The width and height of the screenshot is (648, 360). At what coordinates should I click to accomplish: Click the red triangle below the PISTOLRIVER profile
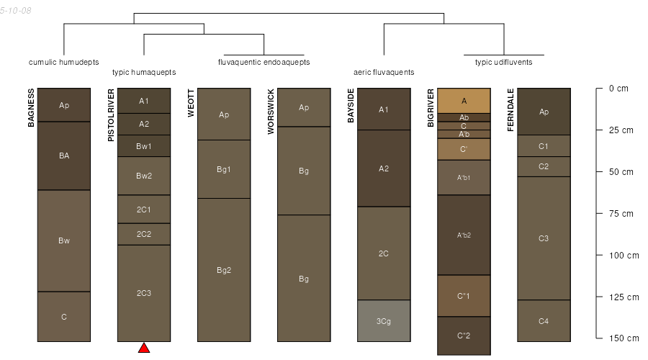coord(144,348)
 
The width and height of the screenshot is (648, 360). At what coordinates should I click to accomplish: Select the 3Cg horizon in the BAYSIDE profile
coord(384,320)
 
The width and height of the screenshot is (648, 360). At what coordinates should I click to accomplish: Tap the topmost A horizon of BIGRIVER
coord(464,101)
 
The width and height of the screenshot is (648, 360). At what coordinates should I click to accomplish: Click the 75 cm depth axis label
coord(621,214)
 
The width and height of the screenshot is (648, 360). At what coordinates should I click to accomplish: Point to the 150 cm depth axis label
coord(624,338)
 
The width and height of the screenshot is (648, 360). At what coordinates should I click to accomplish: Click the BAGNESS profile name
coord(31,107)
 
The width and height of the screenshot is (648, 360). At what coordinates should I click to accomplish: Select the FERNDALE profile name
coord(510,110)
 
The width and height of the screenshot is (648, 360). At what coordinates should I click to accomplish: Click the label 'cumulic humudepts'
coord(63,62)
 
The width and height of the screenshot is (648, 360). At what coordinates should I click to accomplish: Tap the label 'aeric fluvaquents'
coord(384,72)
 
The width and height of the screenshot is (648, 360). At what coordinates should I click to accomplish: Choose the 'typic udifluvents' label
coord(504,62)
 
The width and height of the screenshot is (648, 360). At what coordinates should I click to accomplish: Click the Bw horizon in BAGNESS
coord(64,241)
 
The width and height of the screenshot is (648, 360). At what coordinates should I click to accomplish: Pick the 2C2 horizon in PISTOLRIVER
coord(144,234)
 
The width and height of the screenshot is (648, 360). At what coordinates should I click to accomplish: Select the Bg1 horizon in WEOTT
coord(224,169)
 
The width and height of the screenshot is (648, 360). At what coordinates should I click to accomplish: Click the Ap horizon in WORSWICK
coord(304,107)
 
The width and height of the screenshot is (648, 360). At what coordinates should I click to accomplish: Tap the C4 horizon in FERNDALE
coord(544,320)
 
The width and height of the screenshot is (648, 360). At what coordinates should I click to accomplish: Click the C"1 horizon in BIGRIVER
coord(464,296)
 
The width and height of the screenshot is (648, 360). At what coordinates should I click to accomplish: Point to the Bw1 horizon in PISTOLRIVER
coord(144,146)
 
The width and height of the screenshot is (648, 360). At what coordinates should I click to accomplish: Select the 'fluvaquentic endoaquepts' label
coord(264,62)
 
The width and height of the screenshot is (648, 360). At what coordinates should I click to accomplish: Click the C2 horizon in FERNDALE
coord(544,166)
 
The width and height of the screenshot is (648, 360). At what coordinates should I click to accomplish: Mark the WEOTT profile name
coord(191,103)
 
